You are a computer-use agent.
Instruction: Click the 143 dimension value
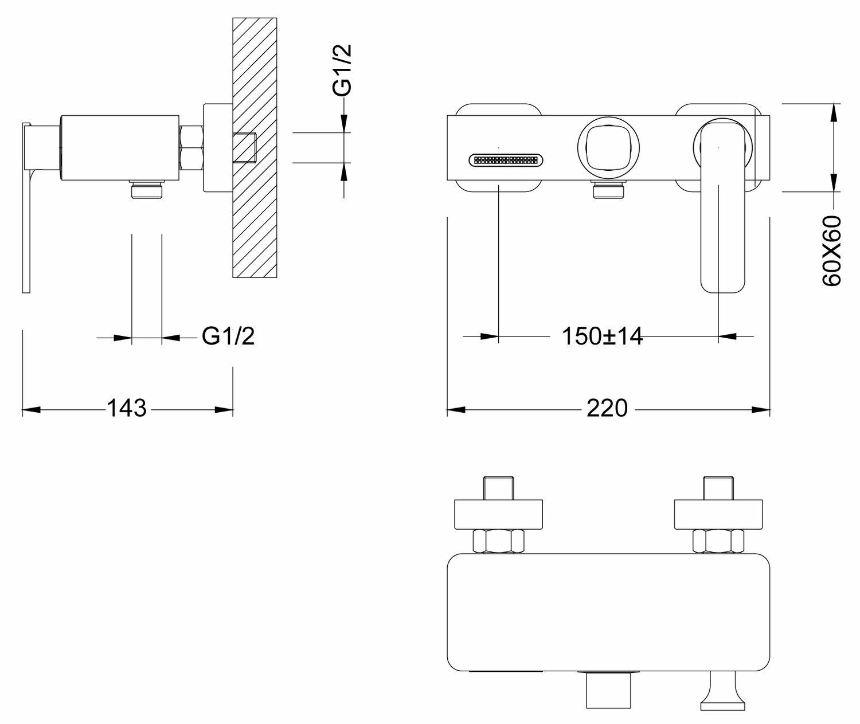(x=127, y=409)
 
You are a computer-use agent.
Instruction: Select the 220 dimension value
(x=607, y=409)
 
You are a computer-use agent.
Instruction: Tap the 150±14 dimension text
(x=602, y=336)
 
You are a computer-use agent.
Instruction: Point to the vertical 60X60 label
(x=831, y=251)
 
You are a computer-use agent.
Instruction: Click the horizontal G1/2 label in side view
(x=228, y=336)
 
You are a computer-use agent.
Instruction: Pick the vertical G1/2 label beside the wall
(x=342, y=71)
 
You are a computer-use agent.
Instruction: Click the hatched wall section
(x=255, y=218)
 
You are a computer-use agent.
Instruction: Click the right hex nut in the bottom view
(x=718, y=541)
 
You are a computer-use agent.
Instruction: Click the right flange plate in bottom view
(x=719, y=514)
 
